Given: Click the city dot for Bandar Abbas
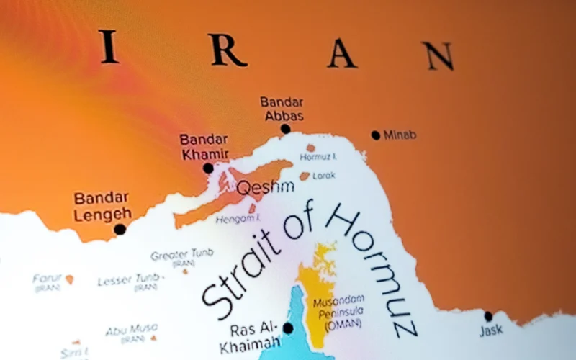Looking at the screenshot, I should [x=285, y=129].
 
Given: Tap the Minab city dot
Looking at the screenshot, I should [x=375, y=135].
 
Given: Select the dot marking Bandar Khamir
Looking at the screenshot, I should [x=208, y=168].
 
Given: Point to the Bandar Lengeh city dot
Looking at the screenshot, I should [x=120, y=229].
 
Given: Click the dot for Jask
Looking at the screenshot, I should [x=488, y=316].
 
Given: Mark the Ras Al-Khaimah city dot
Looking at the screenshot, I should [x=288, y=328].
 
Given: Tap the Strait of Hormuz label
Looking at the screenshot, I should [x=310, y=266].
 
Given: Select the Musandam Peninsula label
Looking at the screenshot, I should [x=338, y=311].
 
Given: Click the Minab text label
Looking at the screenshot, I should [x=400, y=135].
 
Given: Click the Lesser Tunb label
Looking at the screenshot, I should [x=131, y=280].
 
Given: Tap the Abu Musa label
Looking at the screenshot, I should [x=132, y=331].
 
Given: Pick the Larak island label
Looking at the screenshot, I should [x=324, y=175].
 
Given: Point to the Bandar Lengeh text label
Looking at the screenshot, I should [x=102, y=205].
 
